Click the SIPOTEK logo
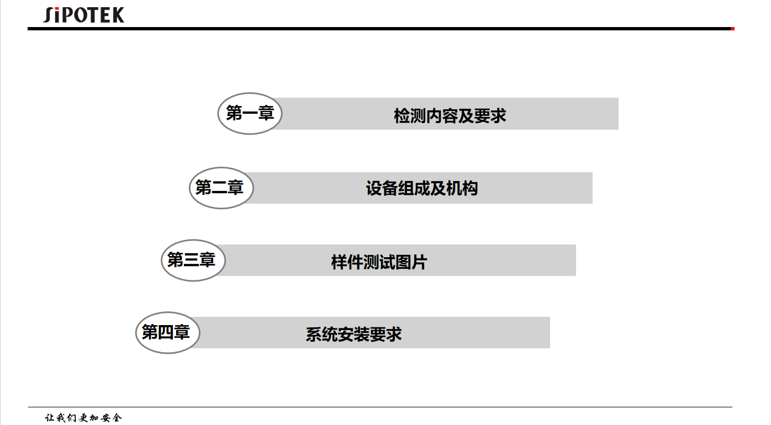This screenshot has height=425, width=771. [x=84, y=15]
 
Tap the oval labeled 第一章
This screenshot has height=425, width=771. [x=250, y=114]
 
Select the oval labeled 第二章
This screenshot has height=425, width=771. [x=221, y=188]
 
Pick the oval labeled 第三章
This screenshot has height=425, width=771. [x=193, y=260]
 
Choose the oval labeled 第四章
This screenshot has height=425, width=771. [x=167, y=332]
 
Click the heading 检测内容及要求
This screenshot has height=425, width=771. [x=450, y=116]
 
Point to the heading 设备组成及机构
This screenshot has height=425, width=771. [x=422, y=189]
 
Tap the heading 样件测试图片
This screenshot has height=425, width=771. [x=379, y=262]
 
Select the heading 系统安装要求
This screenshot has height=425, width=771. [x=353, y=334]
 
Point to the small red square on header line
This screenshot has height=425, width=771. [x=732, y=29]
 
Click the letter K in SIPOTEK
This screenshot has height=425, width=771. [x=117, y=15]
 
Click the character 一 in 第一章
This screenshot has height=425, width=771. [x=250, y=114]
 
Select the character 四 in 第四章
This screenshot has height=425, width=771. [x=166, y=332]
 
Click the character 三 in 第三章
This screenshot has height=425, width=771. [x=192, y=260]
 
